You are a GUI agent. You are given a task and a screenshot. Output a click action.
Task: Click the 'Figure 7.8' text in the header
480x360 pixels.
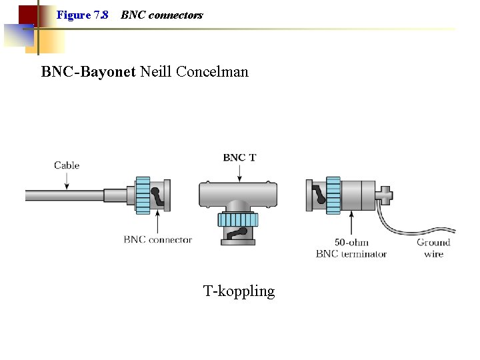[82, 15]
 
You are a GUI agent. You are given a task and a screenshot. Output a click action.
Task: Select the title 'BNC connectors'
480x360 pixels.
[162, 15]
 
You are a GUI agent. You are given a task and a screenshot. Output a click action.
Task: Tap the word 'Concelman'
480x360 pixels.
[212, 71]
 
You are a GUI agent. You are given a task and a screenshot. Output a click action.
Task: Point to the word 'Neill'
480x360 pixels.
[156, 71]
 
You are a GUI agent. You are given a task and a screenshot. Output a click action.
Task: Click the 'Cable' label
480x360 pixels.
[67, 165]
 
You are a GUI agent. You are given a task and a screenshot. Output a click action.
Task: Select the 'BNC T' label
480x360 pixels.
[239, 157]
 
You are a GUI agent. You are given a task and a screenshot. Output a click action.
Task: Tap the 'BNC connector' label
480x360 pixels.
[157, 239]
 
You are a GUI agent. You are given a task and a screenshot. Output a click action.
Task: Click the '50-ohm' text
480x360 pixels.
[351, 242]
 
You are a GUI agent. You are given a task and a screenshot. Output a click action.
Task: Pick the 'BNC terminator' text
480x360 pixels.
[351, 254]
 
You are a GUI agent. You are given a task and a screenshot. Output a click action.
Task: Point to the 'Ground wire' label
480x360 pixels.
[433, 248]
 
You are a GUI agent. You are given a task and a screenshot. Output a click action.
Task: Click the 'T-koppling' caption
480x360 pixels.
[239, 291]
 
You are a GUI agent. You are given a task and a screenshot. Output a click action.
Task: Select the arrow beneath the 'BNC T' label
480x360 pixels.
[239, 172]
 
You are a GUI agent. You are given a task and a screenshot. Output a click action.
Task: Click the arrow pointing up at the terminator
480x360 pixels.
[351, 224]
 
